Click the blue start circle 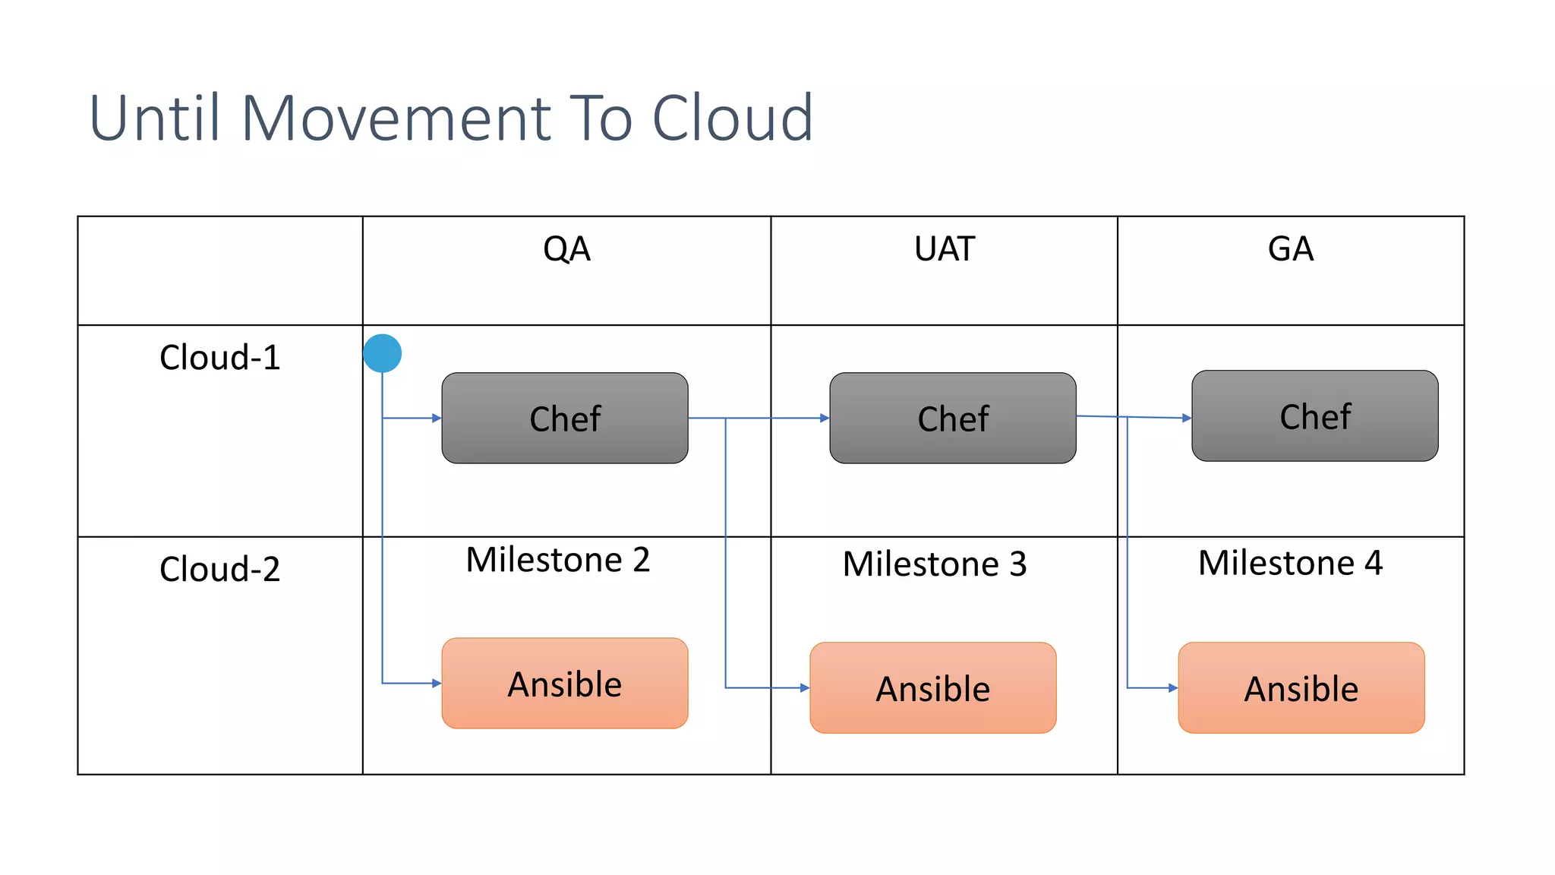382,353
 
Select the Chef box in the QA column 565,418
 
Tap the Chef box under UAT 952,418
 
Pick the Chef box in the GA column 1314,415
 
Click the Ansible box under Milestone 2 565,684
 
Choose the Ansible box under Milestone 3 932,688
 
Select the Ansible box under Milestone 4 1301,688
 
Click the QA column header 566,249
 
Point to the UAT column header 944,249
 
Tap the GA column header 1290,249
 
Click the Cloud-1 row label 219,357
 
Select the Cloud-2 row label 219,569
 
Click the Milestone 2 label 557,560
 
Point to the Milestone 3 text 934,564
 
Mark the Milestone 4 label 1289,563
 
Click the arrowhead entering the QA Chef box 437,418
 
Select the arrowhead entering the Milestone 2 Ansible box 437,684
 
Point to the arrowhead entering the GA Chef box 1187,418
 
